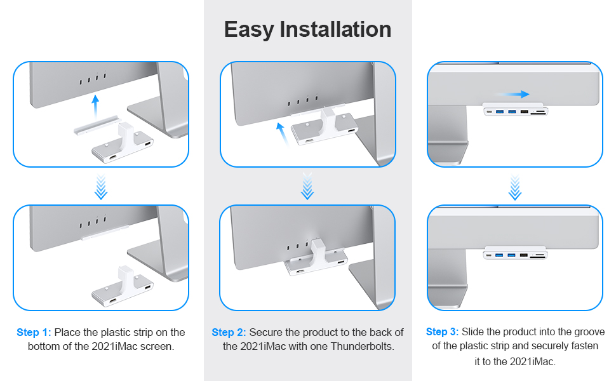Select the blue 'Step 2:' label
pos(229,332)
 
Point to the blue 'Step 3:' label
pos(443,331)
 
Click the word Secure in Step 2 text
pos(266,332)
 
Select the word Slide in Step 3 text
pos(473,331)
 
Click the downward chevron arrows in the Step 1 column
pos(100,187)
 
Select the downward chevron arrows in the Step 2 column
pos(307,187)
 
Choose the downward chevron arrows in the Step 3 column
pos(515,187)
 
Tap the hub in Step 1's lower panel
pos(122,286)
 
